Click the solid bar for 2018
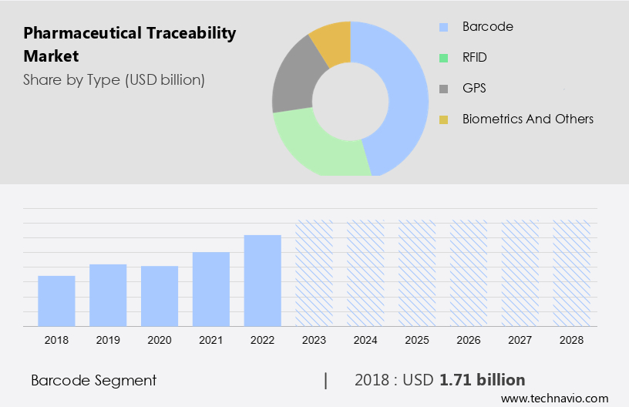(56, 301)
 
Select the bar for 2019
(108, 294)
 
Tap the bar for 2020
(160, 295)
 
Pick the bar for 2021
(211, 288)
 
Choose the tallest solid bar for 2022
(263, 280)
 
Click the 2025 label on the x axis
(417, 340)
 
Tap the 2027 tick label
(520, 340)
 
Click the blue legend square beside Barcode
(443, 27)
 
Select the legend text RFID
(474, 58)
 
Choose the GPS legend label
(473, 89)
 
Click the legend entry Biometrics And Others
(527, 119)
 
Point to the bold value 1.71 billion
(483, 380)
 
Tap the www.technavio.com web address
(554, 398)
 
